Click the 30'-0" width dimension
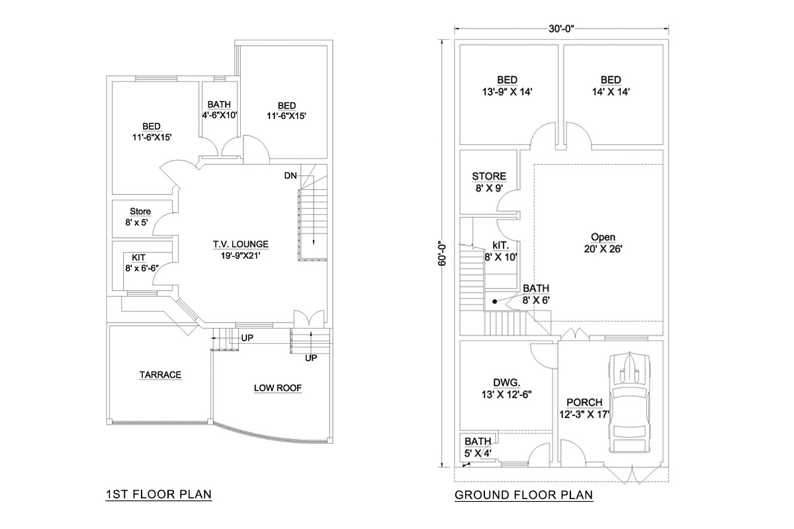[x=561, y=28]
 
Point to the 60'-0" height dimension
[x=442, y=255]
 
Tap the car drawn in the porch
[x=629, y=403]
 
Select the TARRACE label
[x=160, y=374]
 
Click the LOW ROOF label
[x=277, y=388]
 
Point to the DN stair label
[x=290, y=175]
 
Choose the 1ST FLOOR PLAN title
[x=159, y=494]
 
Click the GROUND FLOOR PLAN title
[x=523, y=495]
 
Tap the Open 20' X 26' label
[x=603, y=243]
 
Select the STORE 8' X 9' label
[x=489, y=182]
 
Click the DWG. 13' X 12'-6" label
[x=507, y=388]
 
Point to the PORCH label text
[x=584, y=403]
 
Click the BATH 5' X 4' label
[x=478, y=447]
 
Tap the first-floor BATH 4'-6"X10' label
[x=219, y=110]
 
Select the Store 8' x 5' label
[x=138, y=217]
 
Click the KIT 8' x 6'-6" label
[x=142, y=263]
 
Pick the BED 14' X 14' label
[x=611, y=86]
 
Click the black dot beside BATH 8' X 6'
[x=495, y=301]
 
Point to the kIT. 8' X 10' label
[x=501, y=251]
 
